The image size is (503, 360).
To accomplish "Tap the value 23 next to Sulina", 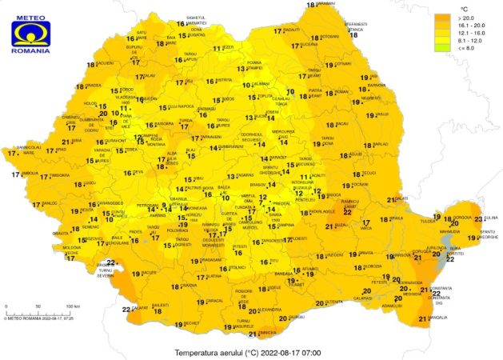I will click(x=478, y=218).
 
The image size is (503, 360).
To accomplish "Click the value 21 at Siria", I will click(x=65, y=142).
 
